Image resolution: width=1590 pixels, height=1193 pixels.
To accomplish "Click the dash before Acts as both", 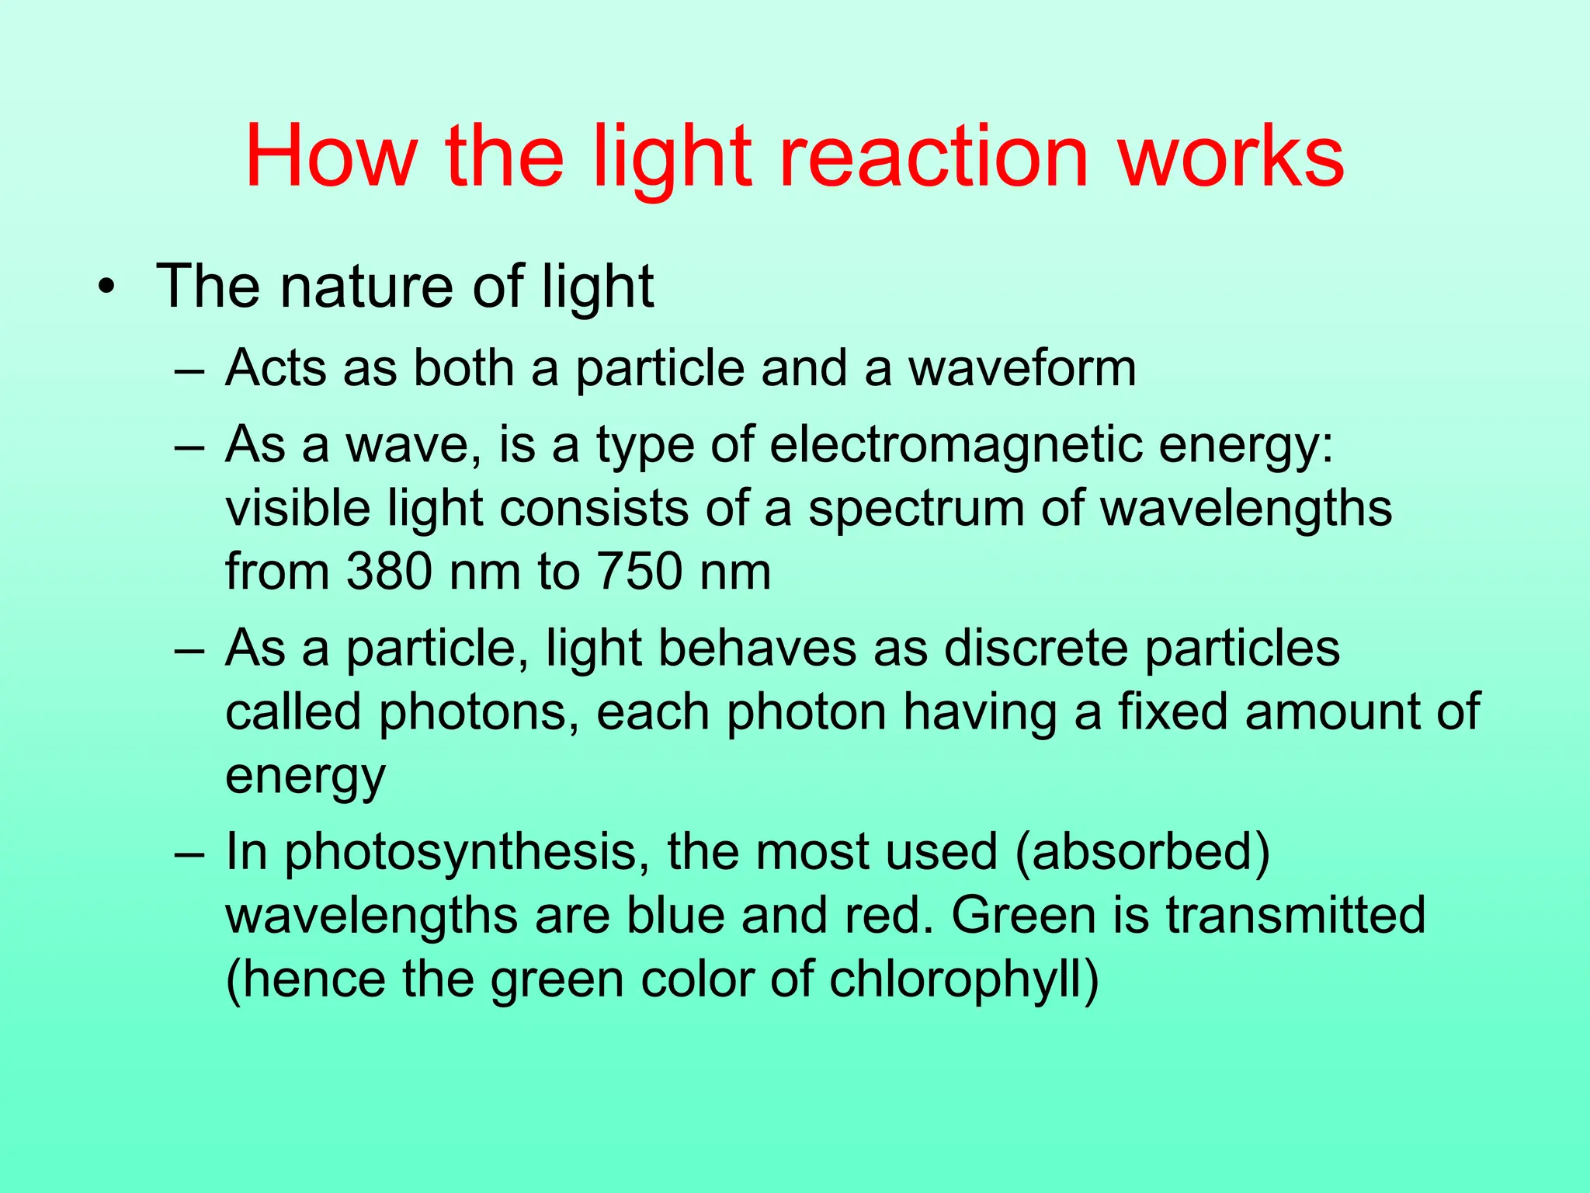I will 189,368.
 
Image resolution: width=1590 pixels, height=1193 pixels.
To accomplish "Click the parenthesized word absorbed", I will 1142,852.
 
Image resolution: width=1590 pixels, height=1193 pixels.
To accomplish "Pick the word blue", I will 675,916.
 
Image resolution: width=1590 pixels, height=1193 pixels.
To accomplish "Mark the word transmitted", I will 1296,916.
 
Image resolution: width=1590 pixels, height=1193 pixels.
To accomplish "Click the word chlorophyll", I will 963,980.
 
